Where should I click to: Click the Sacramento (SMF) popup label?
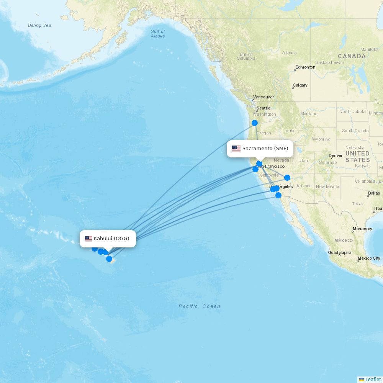[x=265, y=149]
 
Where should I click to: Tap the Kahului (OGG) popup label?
[x=111, y=239]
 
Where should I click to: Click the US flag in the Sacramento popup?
[x=236, y=149]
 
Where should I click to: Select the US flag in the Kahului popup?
[x=88, y=239]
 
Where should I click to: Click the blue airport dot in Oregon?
[x=255, y=123]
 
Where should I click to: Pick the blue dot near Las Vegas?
[x=287, y=178]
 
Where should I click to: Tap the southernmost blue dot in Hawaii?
[x=109, y=259]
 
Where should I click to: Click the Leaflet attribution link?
[x=373, y=379]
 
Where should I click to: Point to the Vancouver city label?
[x=264, y=97]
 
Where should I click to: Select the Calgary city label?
[x=300, y=85]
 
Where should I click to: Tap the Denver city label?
[x=336, y=155]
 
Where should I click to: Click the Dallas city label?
[x=374, y=193]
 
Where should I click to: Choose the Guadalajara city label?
[x=339, y=253]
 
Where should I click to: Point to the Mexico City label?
[x=369, y=258]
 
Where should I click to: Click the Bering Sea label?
[x=39, y=26]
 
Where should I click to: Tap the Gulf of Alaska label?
[x=158, y=34]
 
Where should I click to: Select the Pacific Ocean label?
[x=199, y=306]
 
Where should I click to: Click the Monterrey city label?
[x=362, y=229]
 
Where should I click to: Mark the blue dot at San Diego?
[x=278, y=195]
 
